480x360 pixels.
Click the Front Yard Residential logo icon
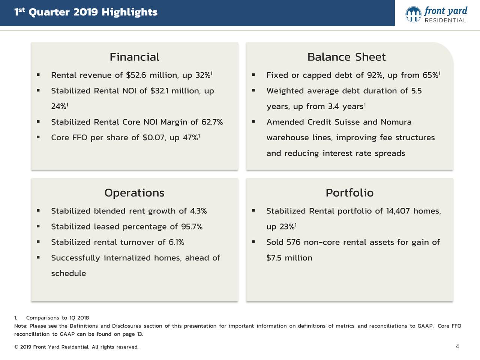[413, 14]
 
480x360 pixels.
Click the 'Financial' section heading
[134, 57]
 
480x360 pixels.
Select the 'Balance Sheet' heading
[346, 57]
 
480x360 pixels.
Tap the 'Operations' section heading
[134, 193]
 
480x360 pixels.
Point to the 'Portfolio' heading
[349, 193]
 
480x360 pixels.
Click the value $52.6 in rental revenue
[136, 75]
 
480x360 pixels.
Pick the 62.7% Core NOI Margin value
[212, 122]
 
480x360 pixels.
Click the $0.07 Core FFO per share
[153, 138]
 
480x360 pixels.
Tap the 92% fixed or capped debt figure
[375, 75]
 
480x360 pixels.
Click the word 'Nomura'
[396, 122]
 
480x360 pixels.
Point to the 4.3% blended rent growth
[198, 211]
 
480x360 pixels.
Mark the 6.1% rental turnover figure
[176, 242]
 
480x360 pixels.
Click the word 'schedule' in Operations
[68, 273]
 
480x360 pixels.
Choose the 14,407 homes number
[398, 211]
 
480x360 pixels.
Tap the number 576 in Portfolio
[293, 242]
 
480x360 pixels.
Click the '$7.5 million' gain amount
[289, 258]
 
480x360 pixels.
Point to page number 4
[457, 346]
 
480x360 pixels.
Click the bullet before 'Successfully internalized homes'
[38, 258]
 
